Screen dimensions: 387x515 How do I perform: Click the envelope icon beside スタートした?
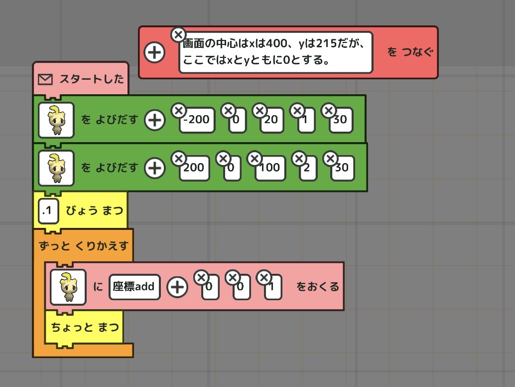pos(45,79)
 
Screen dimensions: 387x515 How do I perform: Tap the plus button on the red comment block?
pos(154,52)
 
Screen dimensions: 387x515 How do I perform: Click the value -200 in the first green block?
pos(197,120)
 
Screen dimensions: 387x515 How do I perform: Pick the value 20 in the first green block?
pos(271,120)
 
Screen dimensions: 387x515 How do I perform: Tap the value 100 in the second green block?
pos(270,168)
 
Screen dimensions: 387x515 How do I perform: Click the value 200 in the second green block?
pos(193,168)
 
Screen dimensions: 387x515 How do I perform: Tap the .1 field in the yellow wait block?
pos(47,211)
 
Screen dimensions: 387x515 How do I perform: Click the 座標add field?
pos(134,286)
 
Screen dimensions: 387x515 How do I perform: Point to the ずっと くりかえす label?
pos(83,245)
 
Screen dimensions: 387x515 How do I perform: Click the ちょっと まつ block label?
pos(85,327)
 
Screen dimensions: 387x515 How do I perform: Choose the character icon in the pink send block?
pos(68,287)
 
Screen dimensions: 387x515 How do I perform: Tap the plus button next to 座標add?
pos(177,287)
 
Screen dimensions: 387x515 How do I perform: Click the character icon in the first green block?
pos(56,120)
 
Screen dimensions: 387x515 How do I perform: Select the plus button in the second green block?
pos(154,168)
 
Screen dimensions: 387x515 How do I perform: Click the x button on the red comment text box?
pos(178,35)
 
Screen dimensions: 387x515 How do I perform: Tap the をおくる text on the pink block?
pos(317,287)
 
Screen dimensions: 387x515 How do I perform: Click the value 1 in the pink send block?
pos(273,287)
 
